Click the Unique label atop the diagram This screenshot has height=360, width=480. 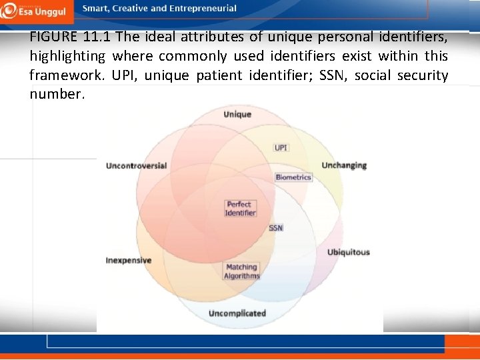(237, 114)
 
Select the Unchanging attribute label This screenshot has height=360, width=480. (344, 165)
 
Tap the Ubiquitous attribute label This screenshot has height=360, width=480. (348, 252)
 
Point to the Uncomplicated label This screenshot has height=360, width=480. (237, 313)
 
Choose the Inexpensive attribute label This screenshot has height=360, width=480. (129, 260)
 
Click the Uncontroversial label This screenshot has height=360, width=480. (136, 165)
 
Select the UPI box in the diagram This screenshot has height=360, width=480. (281, 147)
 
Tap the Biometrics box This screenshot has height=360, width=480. (293, 177)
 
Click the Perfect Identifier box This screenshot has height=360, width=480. (240, 209)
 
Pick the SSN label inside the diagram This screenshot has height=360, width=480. (276, 228)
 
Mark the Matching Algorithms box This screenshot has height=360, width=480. (241, 271)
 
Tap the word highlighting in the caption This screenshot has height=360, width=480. (67, 56)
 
